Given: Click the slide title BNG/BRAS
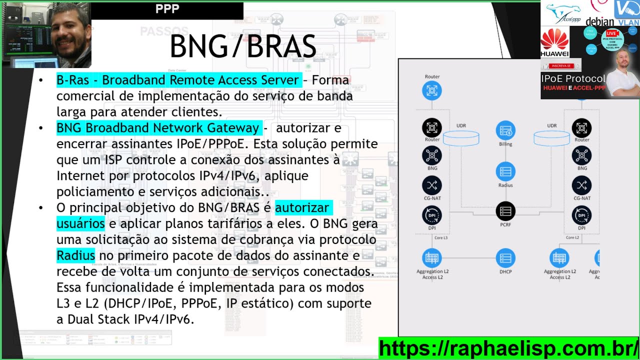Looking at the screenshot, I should point(243,47).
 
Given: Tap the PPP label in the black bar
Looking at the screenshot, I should point(167,9).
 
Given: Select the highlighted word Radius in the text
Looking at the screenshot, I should point(75,256).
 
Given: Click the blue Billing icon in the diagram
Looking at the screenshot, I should point(505,130).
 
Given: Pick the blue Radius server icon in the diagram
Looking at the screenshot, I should point(505,172).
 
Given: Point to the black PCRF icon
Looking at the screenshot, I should point(505,211).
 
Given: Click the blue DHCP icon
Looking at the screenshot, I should point(505,258).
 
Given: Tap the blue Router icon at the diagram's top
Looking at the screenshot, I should point(432,90).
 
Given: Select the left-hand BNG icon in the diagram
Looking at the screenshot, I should point(432,155).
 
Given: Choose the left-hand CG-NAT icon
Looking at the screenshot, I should point(432,185).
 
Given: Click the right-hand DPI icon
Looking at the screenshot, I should point(581,215).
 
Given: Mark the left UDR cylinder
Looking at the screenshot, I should point(461,138).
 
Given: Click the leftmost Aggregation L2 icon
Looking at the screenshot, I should point(432,258).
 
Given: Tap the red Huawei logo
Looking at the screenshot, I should point(554,39).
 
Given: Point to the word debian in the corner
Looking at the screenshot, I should point(599,21).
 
